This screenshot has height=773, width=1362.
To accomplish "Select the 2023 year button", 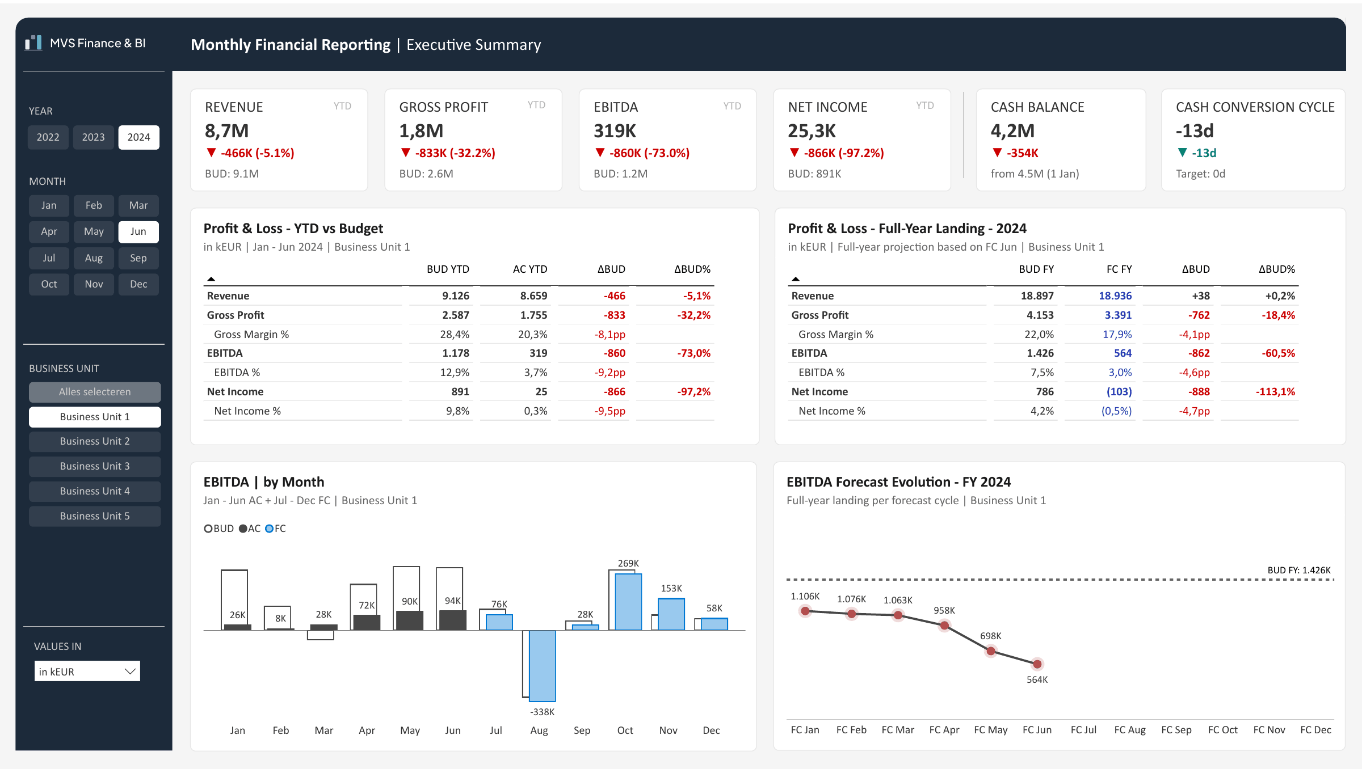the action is click(x=93, y=137).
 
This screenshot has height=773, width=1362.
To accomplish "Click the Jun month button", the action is click(x=138, y=231).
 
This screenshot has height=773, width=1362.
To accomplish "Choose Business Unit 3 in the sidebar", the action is click(x=95, y=466).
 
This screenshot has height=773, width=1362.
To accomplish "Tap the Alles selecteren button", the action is click(x=95, y=392).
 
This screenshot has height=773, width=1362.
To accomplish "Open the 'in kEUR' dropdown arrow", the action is click(x=130, y=671).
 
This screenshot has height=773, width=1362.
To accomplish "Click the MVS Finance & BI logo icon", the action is click(x=33, y=43).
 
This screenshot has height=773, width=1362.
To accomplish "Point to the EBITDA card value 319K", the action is click(x=615, y=131).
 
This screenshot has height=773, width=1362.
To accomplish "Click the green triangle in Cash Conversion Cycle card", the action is click(x=1183, y=153).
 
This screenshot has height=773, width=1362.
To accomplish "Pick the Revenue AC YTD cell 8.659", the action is click(x=533, y=295).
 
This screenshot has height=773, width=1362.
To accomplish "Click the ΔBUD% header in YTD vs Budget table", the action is click(x=692, y=269).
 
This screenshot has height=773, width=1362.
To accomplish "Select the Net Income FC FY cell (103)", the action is click(x=1119, y=391).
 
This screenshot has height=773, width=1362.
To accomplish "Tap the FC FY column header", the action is click(x=1119, y=269).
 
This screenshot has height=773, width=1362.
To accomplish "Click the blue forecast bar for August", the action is click(x=543, y=666).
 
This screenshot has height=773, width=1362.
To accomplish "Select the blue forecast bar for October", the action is click(x=629, y=602).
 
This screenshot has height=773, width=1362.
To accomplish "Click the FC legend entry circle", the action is click(x=270, y=529).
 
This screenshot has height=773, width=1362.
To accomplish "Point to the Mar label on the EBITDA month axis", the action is click(x=324, y=730).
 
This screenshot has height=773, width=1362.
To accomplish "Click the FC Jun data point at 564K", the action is click(x=1037, y=664).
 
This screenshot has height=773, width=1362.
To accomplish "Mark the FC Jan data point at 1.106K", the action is click(x=805, y=611).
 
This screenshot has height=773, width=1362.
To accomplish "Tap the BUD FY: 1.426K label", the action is click(x=1299, y=570).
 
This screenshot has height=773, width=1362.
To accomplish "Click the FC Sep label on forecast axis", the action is click(x=1176, y=730).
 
